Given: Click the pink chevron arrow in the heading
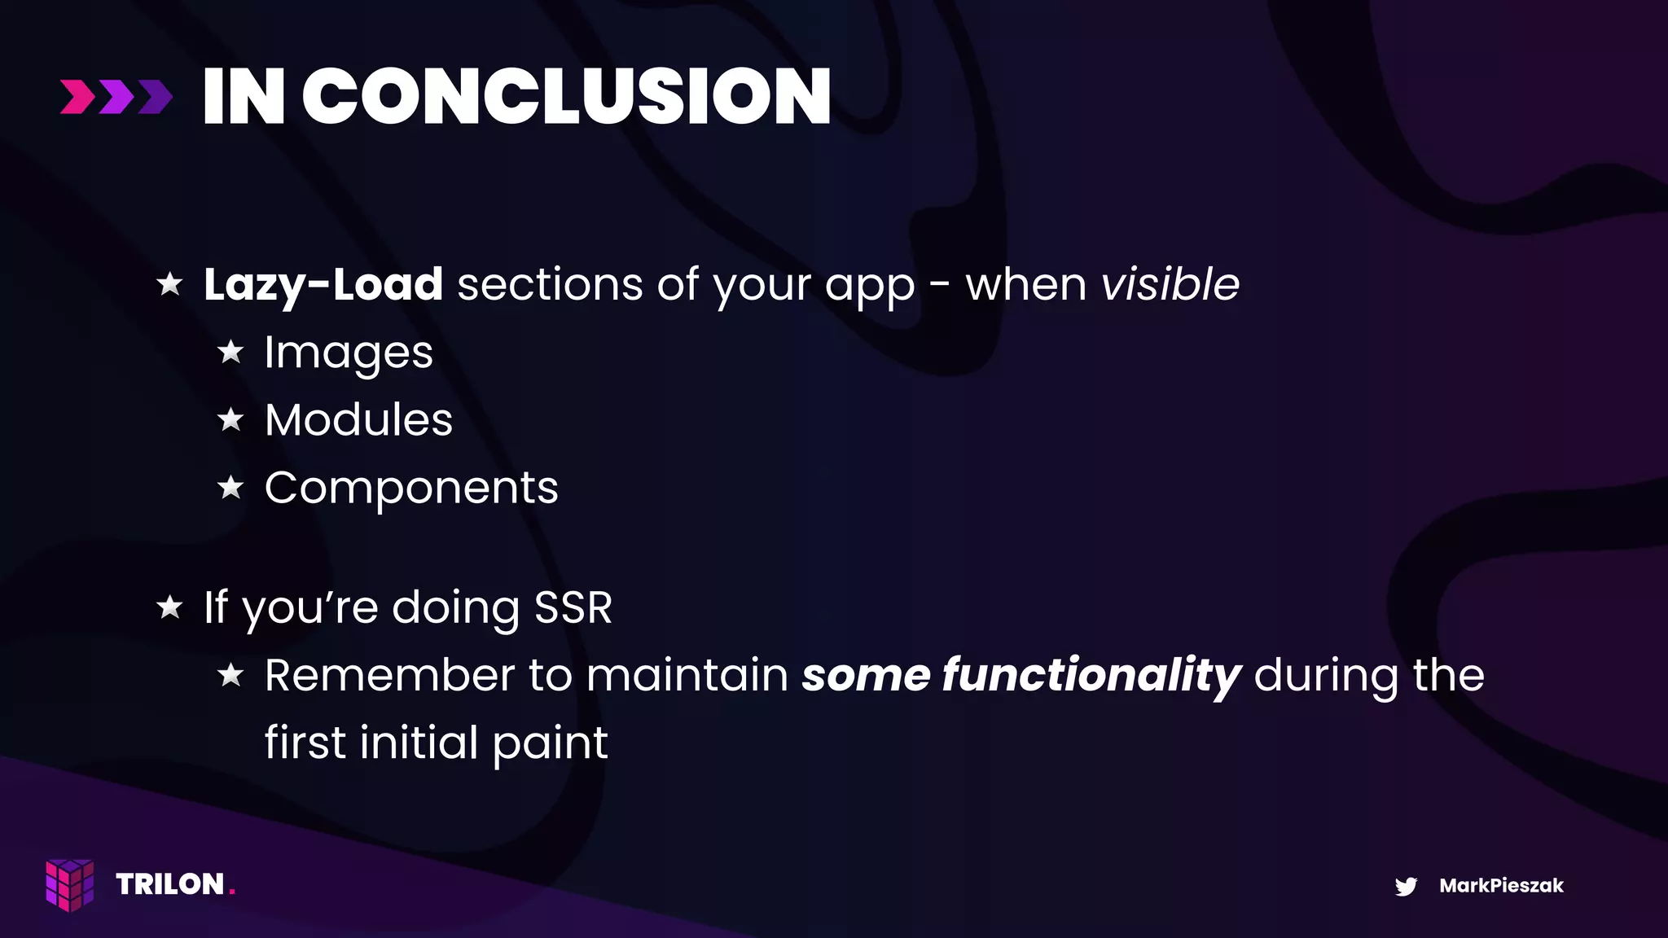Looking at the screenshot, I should [x=77, y=97].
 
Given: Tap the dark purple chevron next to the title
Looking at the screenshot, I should [x=156, y=97].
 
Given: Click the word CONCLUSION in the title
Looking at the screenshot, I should [x=566, y=97].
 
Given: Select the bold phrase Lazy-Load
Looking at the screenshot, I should [x=323, y=285].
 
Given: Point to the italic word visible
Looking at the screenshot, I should [x=1170, y=284].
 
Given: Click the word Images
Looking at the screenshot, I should [x=349, y=353].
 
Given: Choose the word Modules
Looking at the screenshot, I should [x=358, y=420].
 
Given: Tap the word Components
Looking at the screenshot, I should [x=411, y=489].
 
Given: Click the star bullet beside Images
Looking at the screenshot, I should [x=231, y=352].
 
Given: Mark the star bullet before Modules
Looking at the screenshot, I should [x=231, y=419].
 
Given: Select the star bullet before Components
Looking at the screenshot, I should [x=231, y=487].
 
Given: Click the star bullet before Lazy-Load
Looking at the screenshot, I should [x=170, y=283].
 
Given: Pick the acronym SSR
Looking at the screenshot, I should [x=573, y=607].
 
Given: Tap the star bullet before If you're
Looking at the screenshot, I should [x=170, y=607].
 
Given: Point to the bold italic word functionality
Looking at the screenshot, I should [x=1091, y=676].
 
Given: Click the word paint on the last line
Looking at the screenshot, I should [x=550, y=743].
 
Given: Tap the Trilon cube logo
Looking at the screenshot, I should [x=70, y=884].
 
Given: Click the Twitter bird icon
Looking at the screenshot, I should [x=1406, y=886].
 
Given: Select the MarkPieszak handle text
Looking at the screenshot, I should [x=1501, y=886].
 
